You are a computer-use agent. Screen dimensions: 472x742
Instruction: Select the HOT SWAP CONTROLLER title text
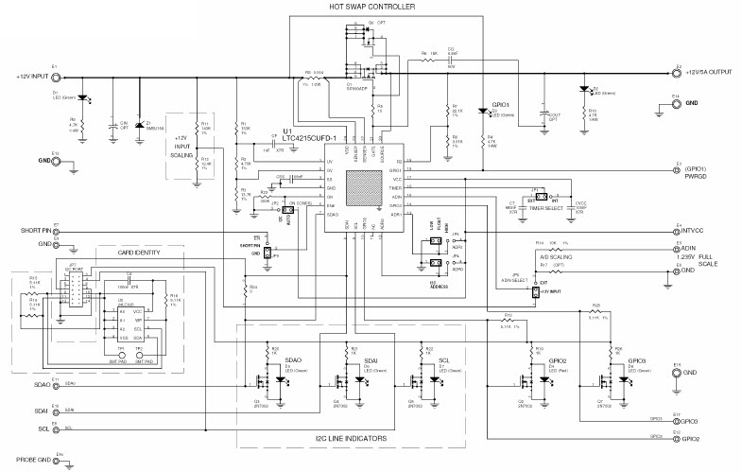click(x=371, y=7)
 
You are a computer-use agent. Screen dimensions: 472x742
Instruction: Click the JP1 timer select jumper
click(x=536, y=200)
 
